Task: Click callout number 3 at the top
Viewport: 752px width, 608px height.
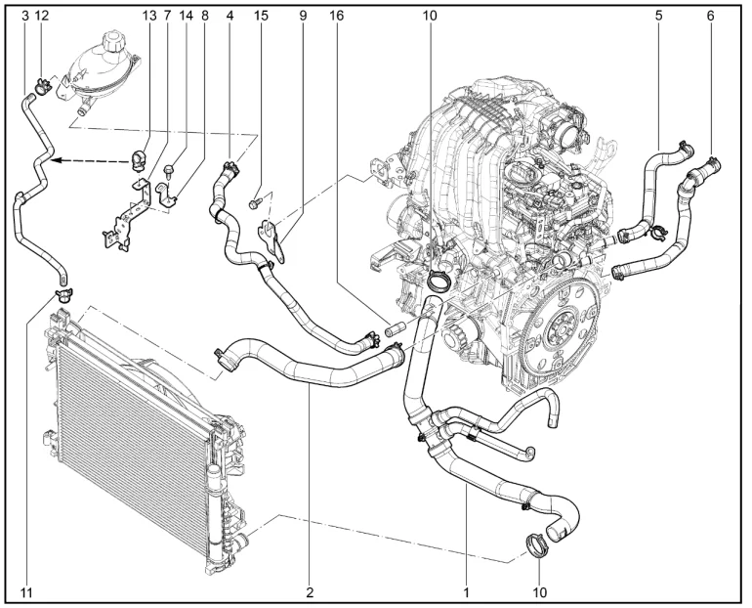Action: (x=25, y=16)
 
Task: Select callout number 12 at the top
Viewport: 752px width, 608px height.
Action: (x=42, y=16)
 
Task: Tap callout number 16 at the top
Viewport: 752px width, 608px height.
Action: (x=337, y=16)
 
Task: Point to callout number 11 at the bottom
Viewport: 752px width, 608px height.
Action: (x=27, y=593)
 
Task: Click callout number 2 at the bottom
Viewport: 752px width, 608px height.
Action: (x=310, y=593)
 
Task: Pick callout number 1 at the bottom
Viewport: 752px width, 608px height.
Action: (x=466, y=593)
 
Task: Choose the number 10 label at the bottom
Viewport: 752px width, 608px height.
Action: (x=539, y=593)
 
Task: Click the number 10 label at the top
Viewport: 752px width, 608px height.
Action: (x=430, y=16)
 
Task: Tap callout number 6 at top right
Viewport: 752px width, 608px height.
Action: (x=710, y=16)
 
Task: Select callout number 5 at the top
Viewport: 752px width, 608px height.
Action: (x=658, y=16)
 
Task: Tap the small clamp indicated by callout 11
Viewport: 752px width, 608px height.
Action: (x=63, y=294)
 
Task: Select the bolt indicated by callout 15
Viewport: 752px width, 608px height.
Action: (x=255, y=203)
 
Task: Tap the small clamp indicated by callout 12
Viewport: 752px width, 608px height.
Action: (x=42, y=86)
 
